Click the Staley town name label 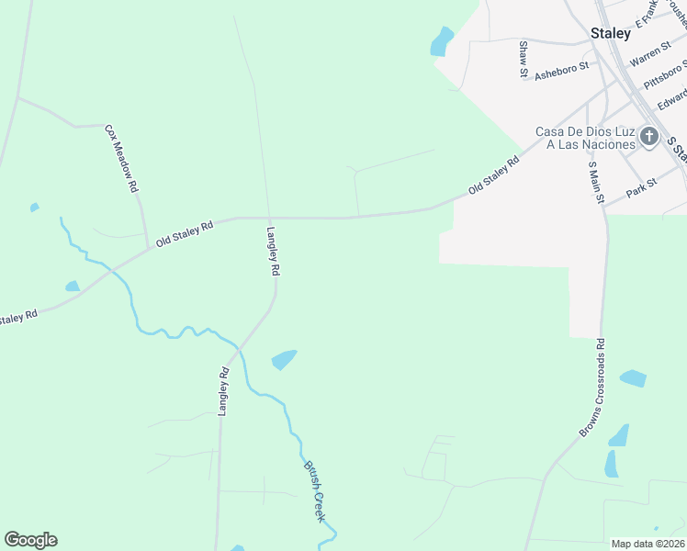pyautogui.click(x=611, y=33)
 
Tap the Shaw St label pyautogui.click(x=524, y=58)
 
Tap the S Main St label pyautogui.click(x=594, y=183)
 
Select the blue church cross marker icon pyautogui.click(x=649, y=138)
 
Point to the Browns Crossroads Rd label pyautogui.click(x=591, y=388)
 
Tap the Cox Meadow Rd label pyautogui.click(x=121, y=158)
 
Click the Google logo pyautogui.click(x=30, y=540)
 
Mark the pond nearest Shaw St pyautogui.click(x=443, y=40)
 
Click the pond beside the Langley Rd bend pyautogui.click(x=285, y=359)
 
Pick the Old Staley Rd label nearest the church pyautogui.click(x=493, y=174)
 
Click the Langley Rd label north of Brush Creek pyautogui.click(x=273, y=252)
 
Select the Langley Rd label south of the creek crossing pyautogui.click(x=223, y=392)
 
